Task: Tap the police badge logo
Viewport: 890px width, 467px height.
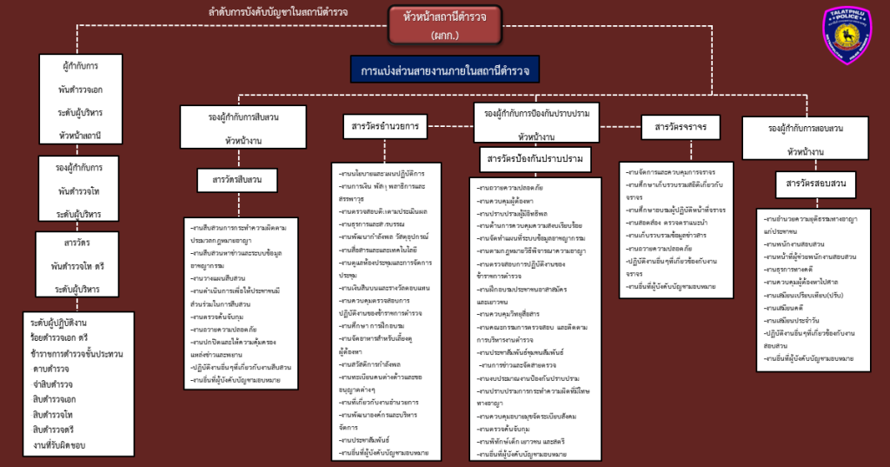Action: tap(846, 36)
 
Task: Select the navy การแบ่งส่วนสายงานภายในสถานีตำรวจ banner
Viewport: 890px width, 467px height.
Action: tap(445, 70)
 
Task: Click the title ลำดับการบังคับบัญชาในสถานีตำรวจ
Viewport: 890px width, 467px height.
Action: tap(278, 12)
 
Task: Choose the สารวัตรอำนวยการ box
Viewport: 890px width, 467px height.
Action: tap(384, 127)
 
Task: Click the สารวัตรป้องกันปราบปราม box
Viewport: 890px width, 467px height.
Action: tap(535, 159)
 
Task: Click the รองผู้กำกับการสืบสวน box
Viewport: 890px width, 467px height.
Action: tap(243, 127)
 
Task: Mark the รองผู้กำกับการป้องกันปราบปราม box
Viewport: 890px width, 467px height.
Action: tap(536, 123)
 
